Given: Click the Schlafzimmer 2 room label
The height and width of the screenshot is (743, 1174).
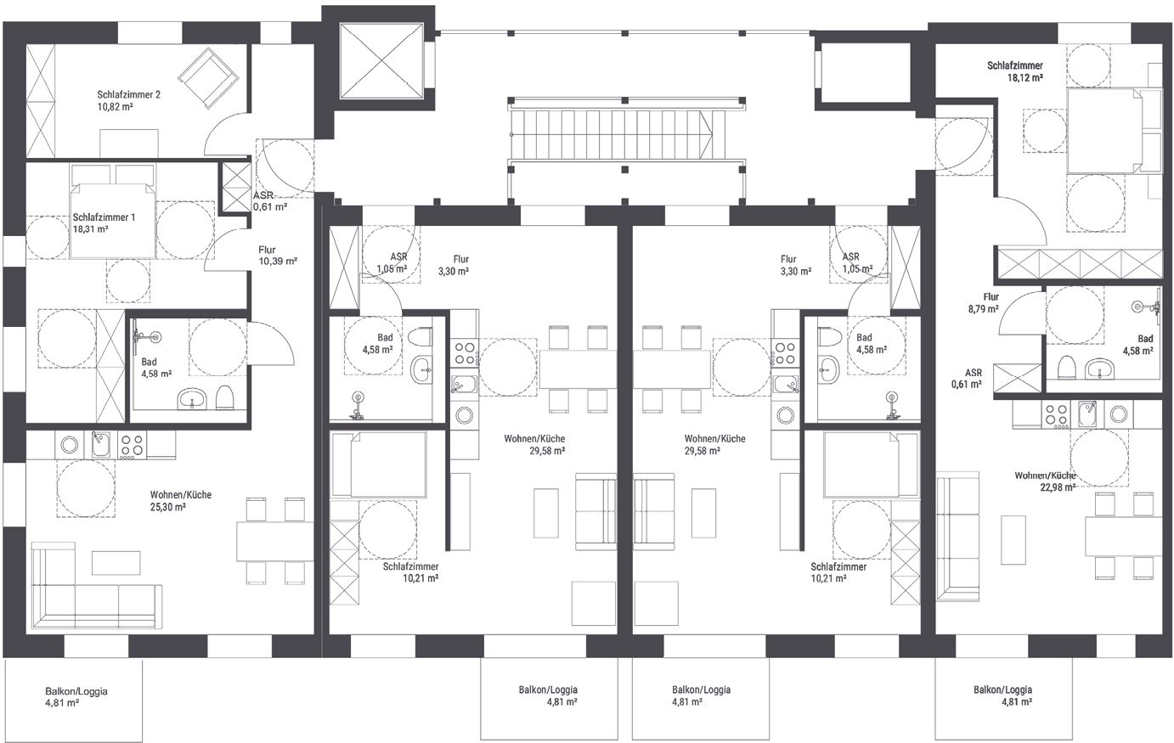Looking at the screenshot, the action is click(128, 95).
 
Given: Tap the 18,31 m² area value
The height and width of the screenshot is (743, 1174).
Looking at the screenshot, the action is click(91, 229).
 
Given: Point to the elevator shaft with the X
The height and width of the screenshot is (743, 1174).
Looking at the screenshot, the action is click(381, 60).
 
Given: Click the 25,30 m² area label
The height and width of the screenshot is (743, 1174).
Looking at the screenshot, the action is click(167, 507).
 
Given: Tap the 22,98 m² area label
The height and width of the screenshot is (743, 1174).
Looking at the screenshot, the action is click(1058, 487).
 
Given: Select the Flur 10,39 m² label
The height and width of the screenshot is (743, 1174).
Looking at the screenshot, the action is click(278, 256).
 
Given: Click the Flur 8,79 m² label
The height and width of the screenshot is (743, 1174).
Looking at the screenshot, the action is click(983, 303).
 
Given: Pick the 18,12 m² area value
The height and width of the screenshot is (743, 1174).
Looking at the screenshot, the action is click(1025, 77).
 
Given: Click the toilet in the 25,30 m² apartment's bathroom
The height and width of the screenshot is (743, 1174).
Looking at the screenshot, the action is click(224, 397).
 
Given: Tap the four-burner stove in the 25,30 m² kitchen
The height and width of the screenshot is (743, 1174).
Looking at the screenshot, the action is click(132, 446).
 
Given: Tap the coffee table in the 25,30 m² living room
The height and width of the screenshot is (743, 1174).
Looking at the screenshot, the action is click(116, 563).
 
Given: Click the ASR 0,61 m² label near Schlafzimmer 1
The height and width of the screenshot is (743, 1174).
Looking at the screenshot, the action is click(270, 201).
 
